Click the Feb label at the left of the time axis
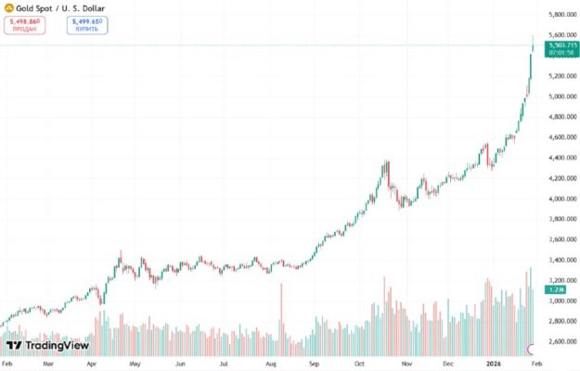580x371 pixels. point(7,363)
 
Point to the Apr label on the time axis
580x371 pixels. point(91,363)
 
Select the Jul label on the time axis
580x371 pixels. point(225,363)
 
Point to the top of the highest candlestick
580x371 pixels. point(532,35)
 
